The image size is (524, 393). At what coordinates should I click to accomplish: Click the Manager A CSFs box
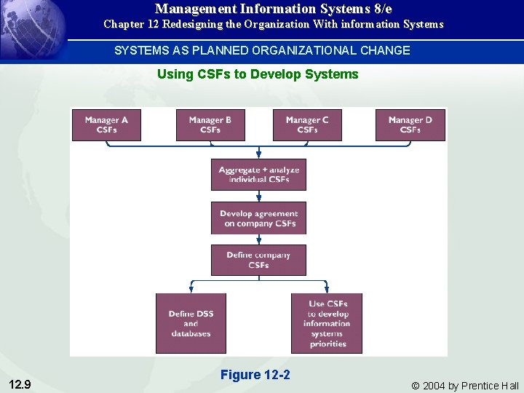106,124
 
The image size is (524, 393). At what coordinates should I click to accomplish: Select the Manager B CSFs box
210,124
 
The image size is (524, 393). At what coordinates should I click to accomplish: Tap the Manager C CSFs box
307,124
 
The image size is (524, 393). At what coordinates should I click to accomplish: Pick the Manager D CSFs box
410,124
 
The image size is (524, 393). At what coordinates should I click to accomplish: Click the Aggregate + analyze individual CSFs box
258,175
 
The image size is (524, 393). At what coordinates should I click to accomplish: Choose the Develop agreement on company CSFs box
258,218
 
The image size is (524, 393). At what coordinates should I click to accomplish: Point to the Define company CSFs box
258,260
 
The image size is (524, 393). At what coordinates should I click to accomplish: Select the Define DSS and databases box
191,323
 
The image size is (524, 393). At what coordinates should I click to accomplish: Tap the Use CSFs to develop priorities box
327,323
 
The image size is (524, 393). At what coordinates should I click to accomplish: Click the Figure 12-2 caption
255,375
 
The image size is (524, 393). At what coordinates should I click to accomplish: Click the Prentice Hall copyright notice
465,385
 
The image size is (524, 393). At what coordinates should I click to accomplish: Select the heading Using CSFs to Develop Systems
258,74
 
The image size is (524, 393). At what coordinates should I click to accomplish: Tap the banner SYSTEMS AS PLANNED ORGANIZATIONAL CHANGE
262,50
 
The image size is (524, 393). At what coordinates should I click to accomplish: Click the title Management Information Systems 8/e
273,9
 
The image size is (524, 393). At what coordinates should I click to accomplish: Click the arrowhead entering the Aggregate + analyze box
258,155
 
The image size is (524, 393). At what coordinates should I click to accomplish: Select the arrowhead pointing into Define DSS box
191,289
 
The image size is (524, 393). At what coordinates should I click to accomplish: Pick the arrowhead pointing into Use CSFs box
327,289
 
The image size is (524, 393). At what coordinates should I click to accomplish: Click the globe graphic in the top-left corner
29,29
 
